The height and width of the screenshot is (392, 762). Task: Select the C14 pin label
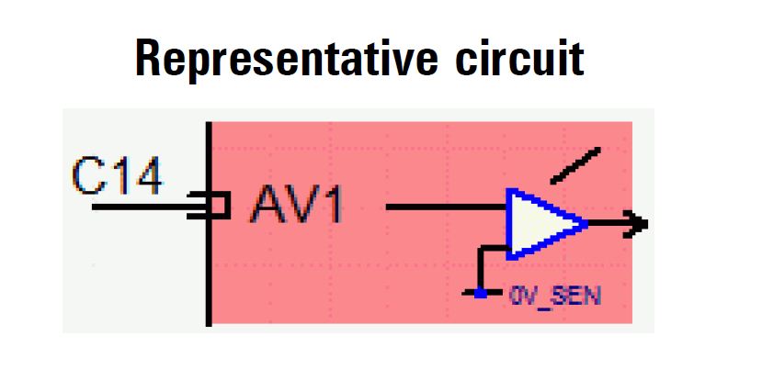coord(116,178)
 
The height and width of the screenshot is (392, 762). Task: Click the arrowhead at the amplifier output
coord(640,222)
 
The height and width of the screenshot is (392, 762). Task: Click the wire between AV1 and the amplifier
coord(447,207)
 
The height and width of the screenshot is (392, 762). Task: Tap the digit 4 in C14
coord(146,178)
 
